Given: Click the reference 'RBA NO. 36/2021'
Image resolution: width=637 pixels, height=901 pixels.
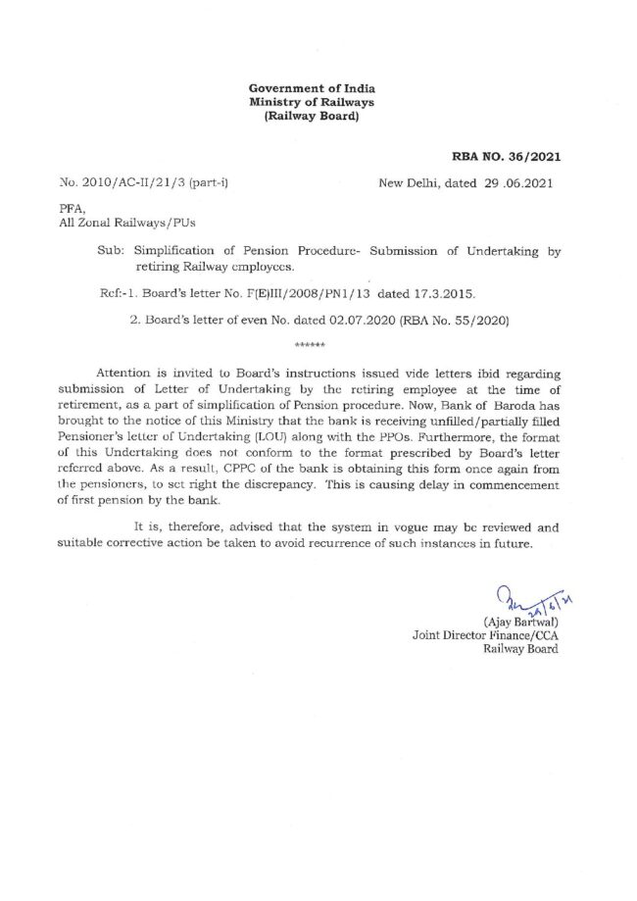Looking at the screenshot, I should (507, 156).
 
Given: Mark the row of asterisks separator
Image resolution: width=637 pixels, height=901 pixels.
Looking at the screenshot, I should (308, 346).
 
